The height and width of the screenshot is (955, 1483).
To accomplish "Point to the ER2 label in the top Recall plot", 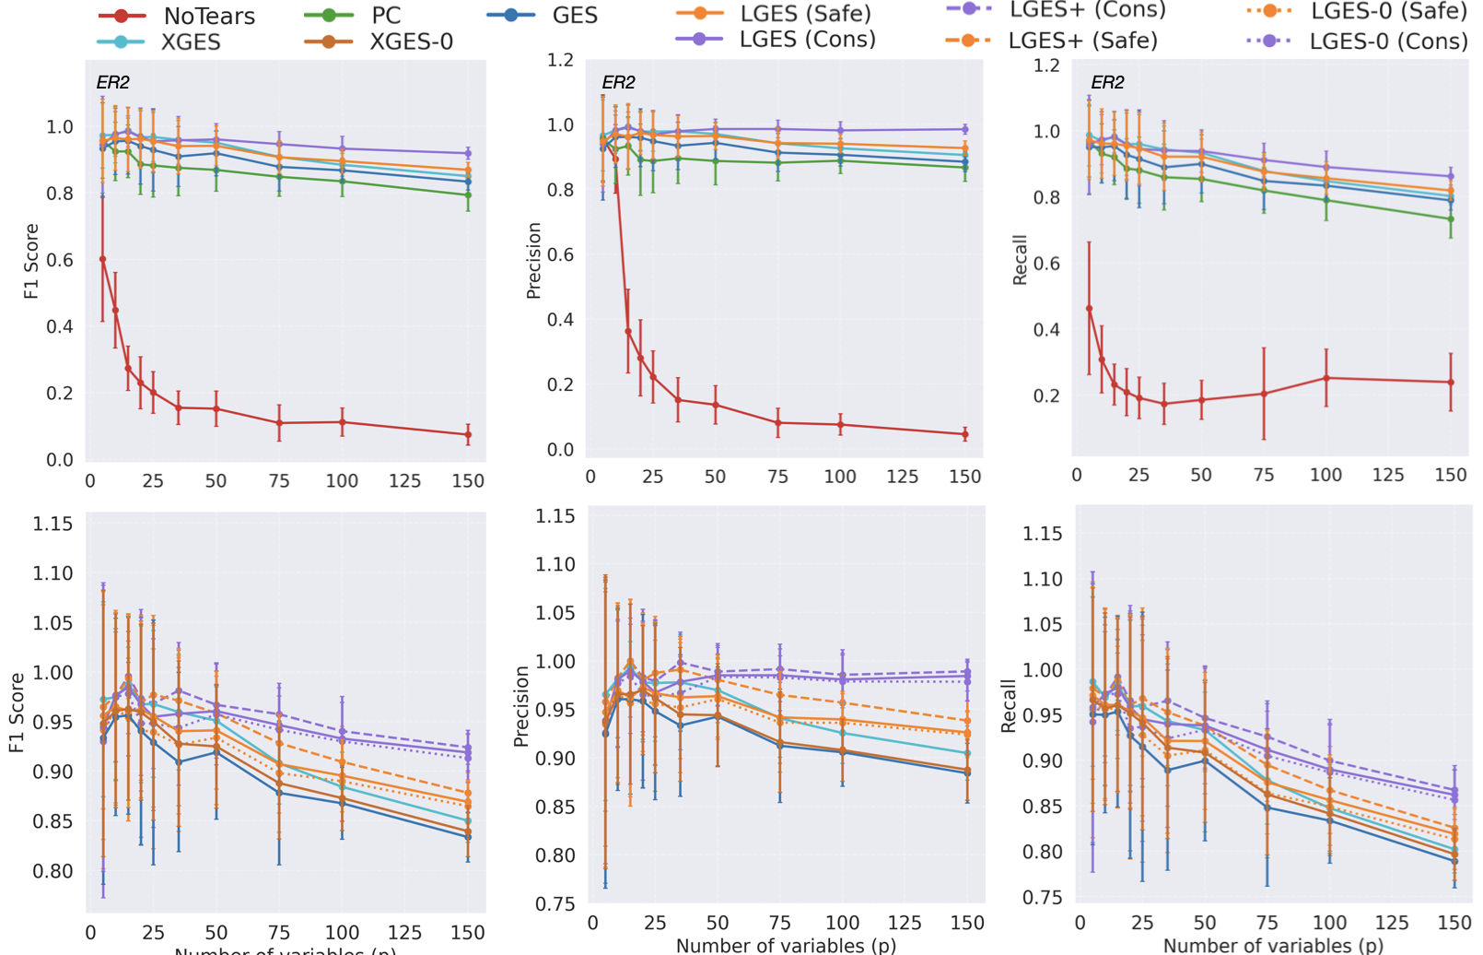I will (x=1107, y=82).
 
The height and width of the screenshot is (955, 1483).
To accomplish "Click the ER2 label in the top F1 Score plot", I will (x=113, y=82).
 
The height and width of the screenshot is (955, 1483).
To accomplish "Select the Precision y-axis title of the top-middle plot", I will (x=533, y=260).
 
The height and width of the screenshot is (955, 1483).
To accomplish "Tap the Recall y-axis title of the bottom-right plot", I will (x=1009, y=706).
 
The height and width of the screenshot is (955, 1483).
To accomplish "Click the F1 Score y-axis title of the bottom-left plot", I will (x=18, y=712).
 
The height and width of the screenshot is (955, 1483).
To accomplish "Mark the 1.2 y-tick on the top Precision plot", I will (x=560, y=60).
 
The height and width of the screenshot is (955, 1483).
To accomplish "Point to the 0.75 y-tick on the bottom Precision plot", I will (x=555, y=904).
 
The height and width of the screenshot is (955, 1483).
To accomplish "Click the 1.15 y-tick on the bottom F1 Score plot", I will (x=53, y=525).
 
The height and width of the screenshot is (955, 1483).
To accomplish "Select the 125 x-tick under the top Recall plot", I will (x=1388, y=475).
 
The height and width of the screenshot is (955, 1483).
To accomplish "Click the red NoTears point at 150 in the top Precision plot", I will (x=965, y=434).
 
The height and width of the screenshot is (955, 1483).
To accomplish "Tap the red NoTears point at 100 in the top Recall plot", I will (x=1326, y=378).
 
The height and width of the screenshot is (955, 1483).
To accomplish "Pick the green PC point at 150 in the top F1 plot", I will (x=468, y=195).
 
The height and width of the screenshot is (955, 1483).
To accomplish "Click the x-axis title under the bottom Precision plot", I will (x=785, y=946).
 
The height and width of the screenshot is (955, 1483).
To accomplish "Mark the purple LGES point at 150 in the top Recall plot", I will (x=1451, y=176).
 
